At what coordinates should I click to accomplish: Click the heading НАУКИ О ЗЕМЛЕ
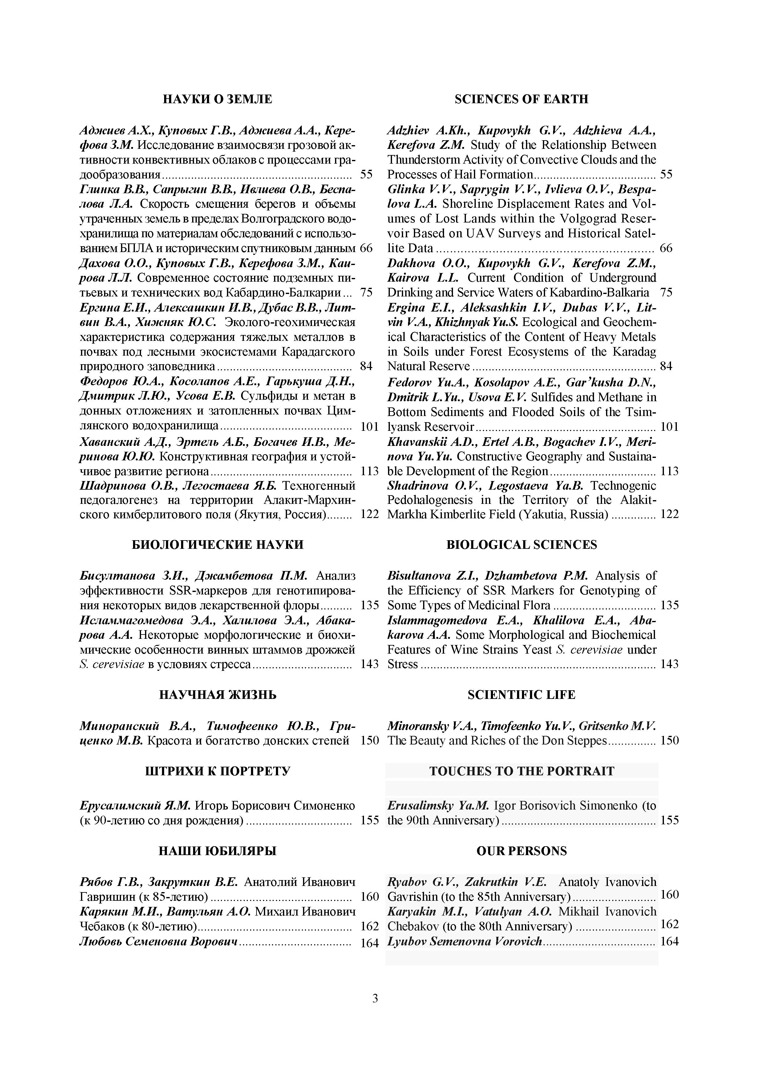217,99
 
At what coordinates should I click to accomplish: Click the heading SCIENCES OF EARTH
521,99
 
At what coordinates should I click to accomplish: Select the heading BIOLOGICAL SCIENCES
521,545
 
